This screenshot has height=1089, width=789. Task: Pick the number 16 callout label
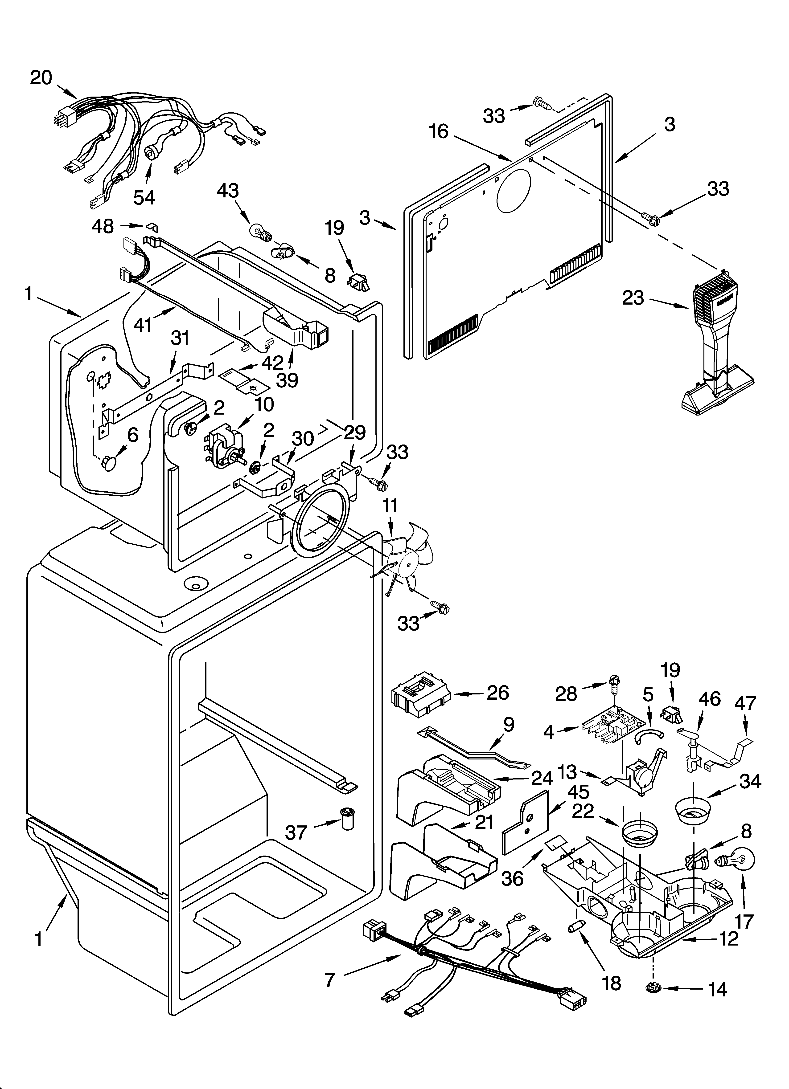(438, 131)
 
